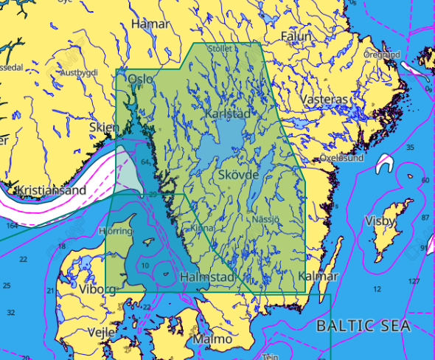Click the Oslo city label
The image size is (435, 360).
(x=140, y=79)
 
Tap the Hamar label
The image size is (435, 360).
(x=150, y=24)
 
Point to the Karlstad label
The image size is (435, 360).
(x=227, y=114)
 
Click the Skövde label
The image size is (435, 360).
(x=239, y=175)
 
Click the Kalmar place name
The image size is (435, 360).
(x=319, y=277)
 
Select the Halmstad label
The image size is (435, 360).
(x=207, y=277)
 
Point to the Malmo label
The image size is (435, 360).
(x=211, y=339)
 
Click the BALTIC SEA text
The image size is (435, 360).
(x=362, y=325)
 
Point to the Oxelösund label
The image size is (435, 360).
(x=341, y=158)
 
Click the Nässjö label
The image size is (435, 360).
(x=266, y=219)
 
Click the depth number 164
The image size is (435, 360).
(x=11, y=226)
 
